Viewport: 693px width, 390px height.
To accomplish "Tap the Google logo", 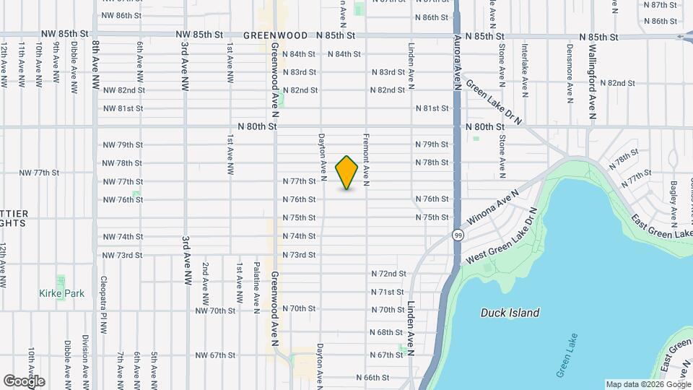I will coord(24,381).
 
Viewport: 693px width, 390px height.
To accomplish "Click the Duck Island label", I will coord(510,313).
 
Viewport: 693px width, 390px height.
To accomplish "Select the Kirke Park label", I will coord(62,293).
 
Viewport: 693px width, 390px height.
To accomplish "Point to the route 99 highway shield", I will coord(458,235).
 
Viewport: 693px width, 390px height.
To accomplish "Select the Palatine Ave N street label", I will coord(257,288).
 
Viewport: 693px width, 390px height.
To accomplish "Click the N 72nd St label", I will coord(388,274).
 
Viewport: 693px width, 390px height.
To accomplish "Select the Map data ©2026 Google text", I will coord(648,384).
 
